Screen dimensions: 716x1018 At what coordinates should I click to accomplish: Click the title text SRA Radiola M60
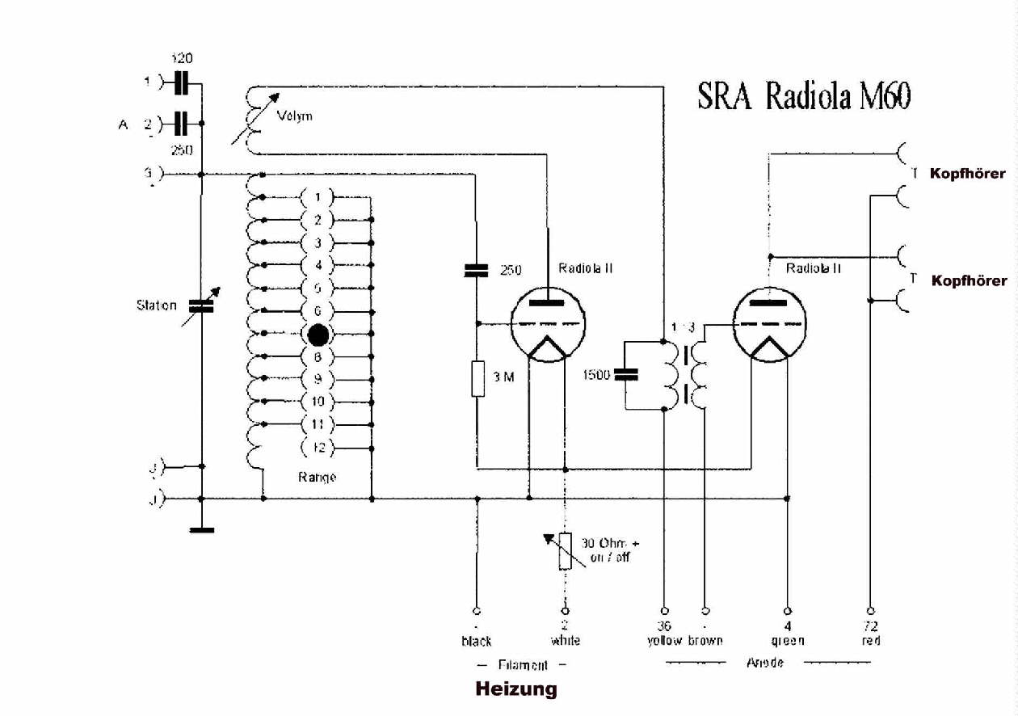804,97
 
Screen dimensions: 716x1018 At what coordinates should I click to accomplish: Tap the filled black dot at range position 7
318,334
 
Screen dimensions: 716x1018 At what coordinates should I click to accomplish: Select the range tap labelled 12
318,447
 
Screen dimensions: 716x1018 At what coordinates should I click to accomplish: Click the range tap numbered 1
318,197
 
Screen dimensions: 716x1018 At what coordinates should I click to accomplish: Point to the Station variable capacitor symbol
200,306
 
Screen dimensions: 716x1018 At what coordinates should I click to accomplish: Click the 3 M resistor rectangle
477,378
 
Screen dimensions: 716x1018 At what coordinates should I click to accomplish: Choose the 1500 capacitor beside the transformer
626,374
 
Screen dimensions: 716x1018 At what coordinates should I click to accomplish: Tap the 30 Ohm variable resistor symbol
565,551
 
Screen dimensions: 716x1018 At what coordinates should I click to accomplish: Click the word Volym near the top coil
295,116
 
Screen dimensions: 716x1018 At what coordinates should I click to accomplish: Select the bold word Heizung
516,689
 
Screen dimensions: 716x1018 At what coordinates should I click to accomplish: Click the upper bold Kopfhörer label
968,174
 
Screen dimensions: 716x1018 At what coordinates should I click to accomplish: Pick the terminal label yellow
665,641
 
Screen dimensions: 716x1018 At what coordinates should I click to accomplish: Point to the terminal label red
871,641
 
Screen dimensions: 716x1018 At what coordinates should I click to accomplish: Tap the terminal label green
788,641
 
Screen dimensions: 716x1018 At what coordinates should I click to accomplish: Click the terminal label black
477,641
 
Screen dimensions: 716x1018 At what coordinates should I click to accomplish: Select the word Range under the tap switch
317,477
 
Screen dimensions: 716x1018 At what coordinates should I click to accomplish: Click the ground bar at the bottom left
200,530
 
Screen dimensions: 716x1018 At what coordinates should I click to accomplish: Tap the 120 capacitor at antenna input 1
182,82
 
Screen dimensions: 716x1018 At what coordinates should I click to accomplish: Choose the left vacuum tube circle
549,325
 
